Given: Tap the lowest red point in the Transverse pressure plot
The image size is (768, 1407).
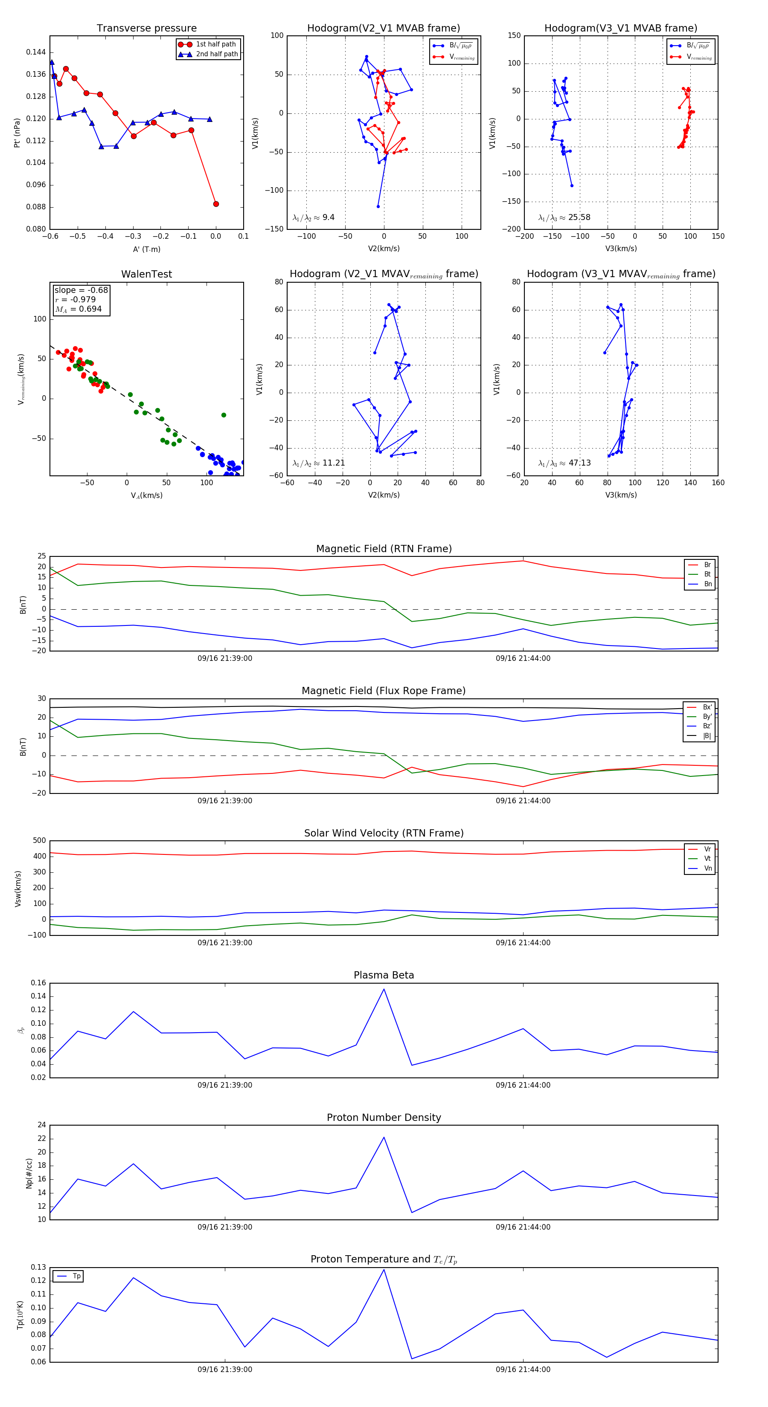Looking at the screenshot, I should pos(216,204).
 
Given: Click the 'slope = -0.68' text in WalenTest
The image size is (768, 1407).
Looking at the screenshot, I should pos(81,290).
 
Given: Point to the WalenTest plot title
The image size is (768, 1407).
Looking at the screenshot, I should pos(146,274).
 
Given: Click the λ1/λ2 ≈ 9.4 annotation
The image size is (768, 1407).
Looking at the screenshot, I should pos(313,217).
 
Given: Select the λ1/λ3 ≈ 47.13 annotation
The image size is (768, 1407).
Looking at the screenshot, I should pos(564,463).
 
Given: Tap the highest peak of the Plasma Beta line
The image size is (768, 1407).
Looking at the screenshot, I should pos(384,989).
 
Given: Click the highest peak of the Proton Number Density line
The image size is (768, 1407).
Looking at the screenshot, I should pos(384,1137).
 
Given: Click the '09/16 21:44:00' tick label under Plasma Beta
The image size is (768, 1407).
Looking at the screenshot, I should pos(523,1085).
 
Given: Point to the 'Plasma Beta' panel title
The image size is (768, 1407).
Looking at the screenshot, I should pos(384,976).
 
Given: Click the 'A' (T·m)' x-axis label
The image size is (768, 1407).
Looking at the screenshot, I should pos(146,249).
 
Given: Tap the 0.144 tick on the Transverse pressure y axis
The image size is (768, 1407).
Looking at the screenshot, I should pos(36,52).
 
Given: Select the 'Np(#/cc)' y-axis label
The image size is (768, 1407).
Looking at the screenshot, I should pos(29,1173).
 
